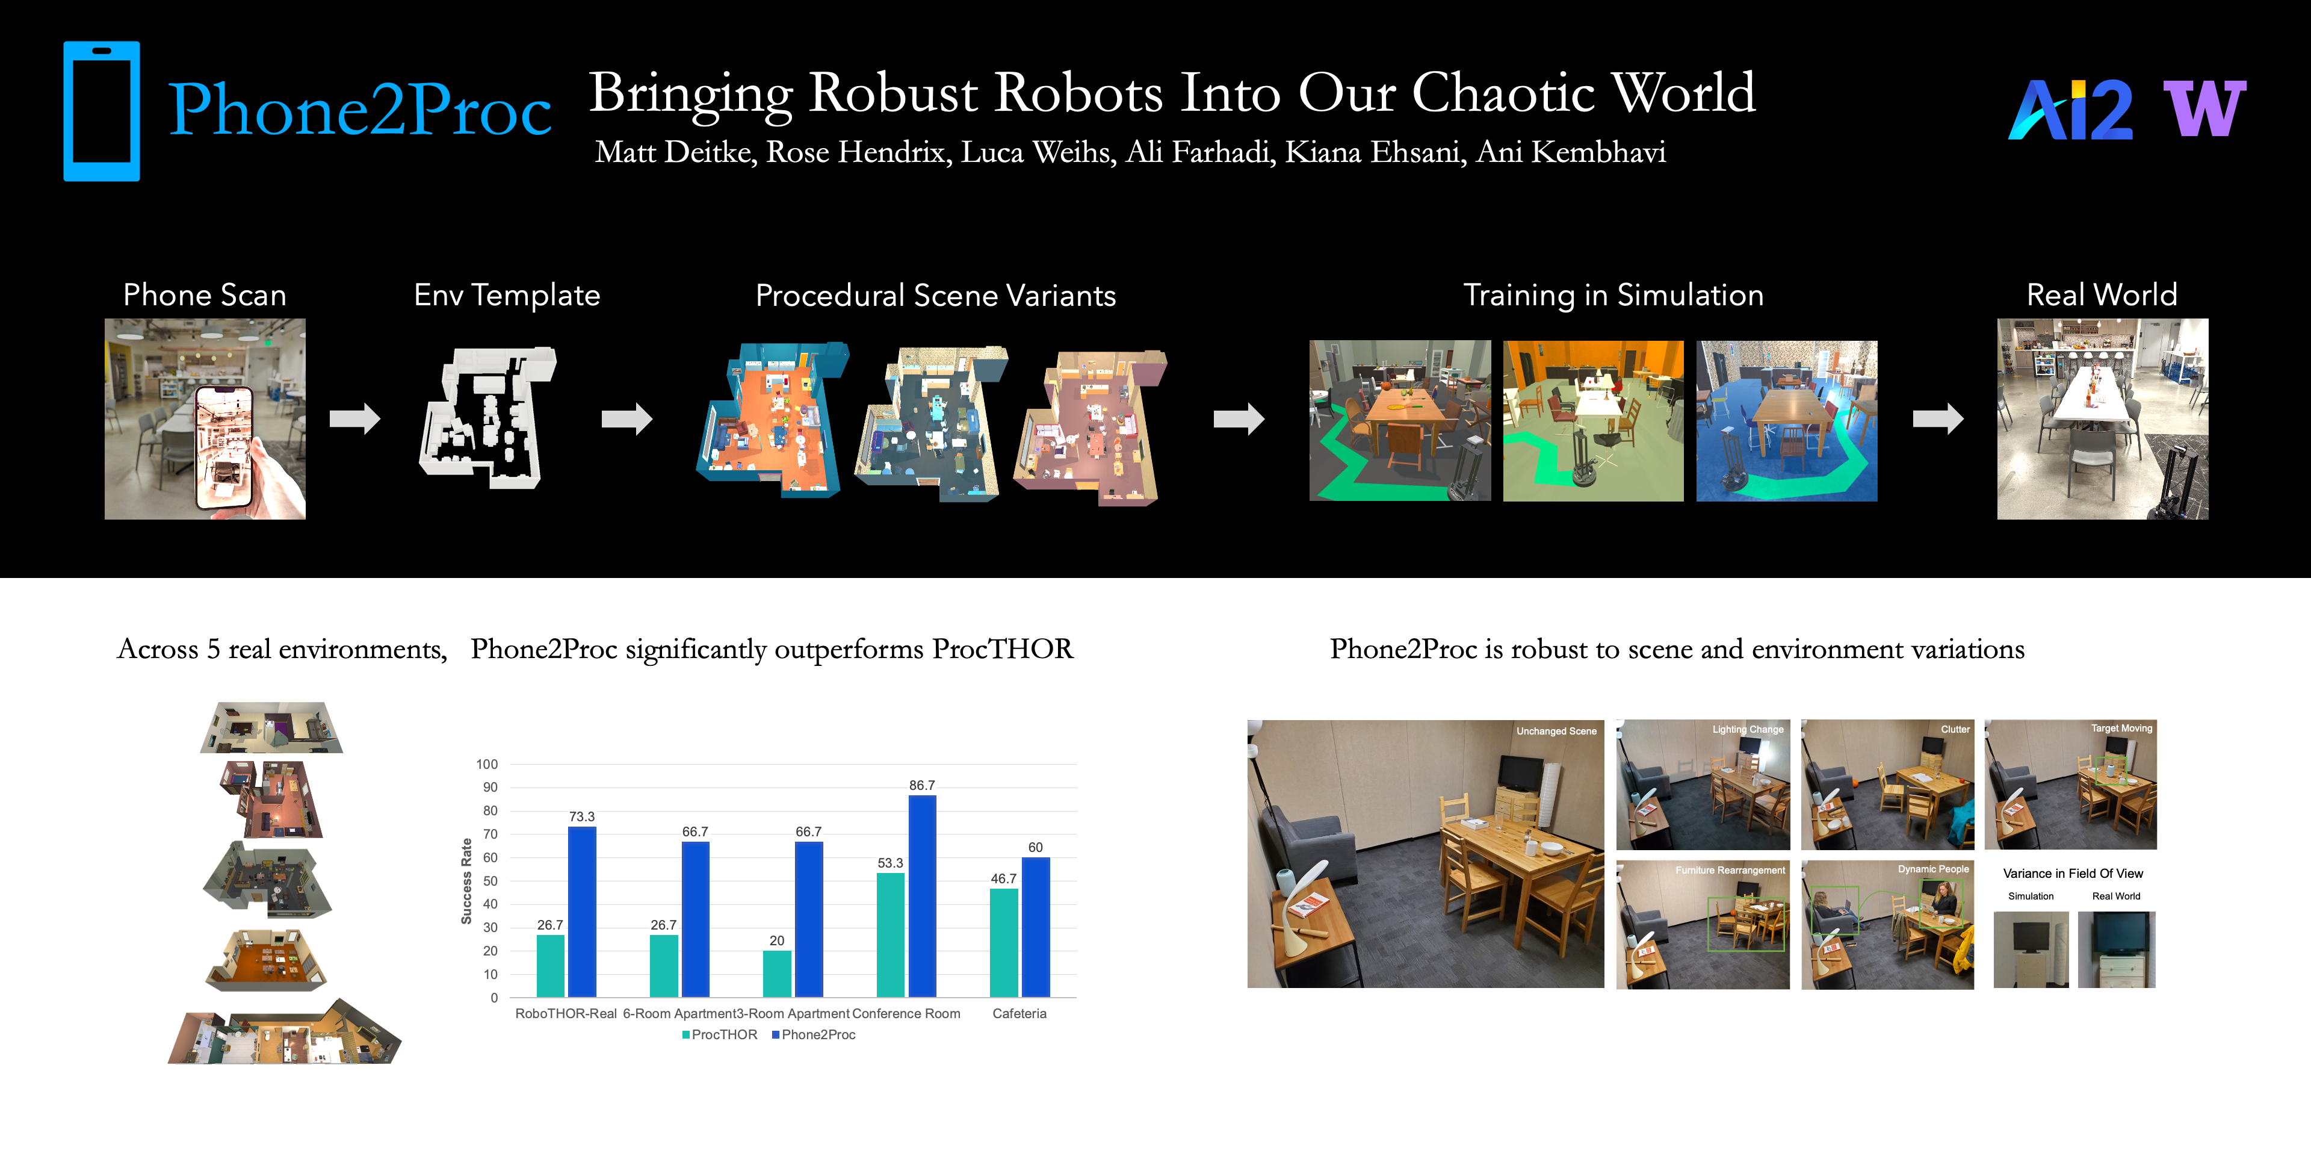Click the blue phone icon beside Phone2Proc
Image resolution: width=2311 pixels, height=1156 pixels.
tap(101, 111)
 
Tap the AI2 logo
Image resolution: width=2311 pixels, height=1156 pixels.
tap(2070, 110)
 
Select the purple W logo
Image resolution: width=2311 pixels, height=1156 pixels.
tap(2204, 108)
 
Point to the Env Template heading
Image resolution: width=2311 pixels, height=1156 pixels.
tap(507, 295)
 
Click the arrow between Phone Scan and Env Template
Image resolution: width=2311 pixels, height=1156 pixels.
tap(355, 418)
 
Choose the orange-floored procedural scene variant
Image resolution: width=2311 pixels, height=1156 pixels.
tap(772, 418)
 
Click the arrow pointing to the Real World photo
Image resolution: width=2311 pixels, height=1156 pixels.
tap(1938, 418)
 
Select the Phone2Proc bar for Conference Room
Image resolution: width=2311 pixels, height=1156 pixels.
tap(922, 896)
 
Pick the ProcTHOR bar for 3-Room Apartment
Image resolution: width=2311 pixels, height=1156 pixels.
tap(777, 974)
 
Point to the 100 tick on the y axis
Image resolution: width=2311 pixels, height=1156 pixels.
tap(487, 764)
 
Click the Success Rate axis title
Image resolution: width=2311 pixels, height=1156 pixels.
tap(466, 881)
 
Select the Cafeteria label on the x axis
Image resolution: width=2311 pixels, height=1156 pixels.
tap(1019, 1013)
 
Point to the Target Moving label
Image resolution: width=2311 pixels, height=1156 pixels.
tap(2121, 728)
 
